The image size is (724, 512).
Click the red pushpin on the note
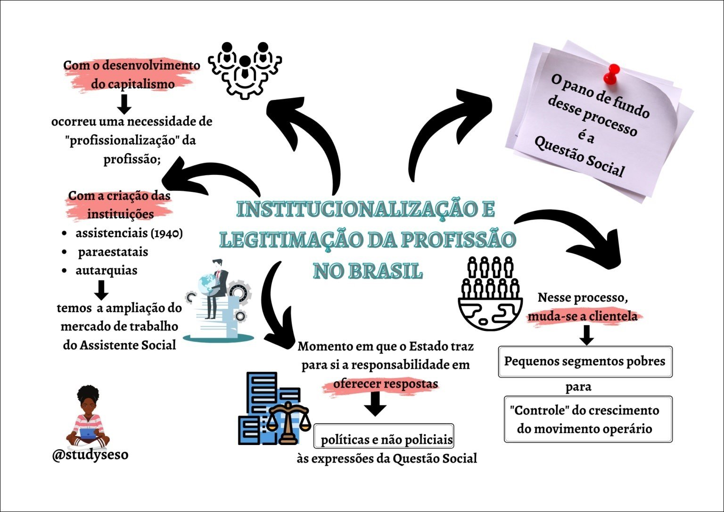611,75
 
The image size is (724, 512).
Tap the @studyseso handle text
90,454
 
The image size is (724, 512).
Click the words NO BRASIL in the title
368,271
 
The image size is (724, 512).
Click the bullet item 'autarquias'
107,271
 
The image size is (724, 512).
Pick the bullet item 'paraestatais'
113,252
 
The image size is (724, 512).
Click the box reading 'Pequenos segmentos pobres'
585,362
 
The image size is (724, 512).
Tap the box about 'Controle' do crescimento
588,419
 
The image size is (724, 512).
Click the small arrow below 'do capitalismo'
124,104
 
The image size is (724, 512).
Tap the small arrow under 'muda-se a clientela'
586,334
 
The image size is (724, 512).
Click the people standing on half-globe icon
491,292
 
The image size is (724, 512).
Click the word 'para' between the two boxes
578,388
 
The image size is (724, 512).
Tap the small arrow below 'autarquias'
101,290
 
